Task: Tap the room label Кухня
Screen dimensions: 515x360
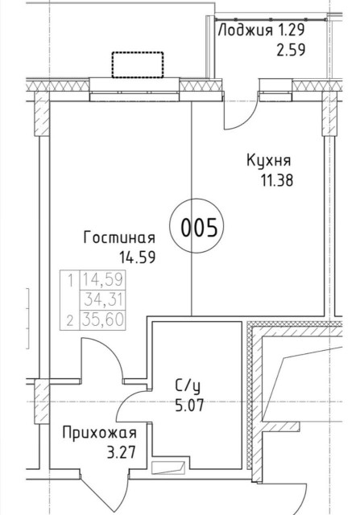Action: tap(269, 160)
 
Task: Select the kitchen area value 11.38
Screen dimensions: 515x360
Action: tap(274, 179)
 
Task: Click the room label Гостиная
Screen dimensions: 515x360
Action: tap(119, 238)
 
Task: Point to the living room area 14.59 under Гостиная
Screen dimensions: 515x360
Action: tap(136, 257)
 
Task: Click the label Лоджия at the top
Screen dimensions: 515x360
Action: tap(246, 31)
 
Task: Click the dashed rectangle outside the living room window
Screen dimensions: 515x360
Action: tap(137, 64)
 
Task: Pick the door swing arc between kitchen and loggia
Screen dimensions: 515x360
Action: tap(234, 113)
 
